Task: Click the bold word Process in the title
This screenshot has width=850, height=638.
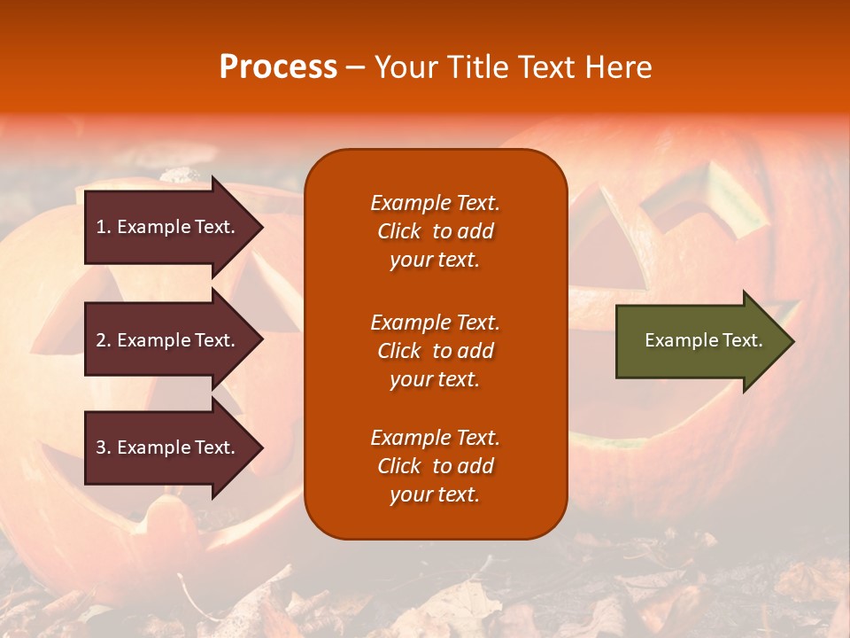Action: coord(278,67)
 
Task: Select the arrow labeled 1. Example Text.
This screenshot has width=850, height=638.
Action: coord(168,227)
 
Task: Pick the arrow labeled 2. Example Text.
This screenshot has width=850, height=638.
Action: coord(168,340)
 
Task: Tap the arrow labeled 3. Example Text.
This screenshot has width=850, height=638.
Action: coord(168,447)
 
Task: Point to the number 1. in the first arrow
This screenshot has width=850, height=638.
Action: coord(104,227)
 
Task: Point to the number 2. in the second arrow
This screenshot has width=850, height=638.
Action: coord(104,340)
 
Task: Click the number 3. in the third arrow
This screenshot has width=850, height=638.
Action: coord(104,447)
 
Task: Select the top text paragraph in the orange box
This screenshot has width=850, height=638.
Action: coord(435,231)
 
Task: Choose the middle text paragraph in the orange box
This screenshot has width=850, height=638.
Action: coord(435,351)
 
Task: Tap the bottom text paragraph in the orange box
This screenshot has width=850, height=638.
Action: coord(435,466)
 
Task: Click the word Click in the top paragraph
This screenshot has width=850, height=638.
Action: coord(399,231)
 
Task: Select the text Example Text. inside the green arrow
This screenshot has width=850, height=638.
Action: coord(703,340)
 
